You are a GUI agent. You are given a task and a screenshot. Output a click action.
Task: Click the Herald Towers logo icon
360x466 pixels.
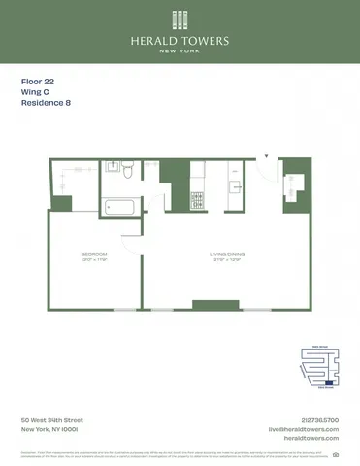click(x=180, y=19)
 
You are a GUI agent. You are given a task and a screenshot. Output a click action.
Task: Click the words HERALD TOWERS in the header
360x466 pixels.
click(x=180, y=40)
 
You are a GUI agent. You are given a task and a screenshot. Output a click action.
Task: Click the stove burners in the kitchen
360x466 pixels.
click(x=197, y=200)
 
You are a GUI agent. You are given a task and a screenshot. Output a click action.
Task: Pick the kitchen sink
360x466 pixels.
click(x=234, y=183)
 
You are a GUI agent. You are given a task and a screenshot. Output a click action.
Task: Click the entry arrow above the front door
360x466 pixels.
click(x=265, y=155)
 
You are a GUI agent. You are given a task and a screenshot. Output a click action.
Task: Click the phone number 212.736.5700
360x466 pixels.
click(x=320, y=420)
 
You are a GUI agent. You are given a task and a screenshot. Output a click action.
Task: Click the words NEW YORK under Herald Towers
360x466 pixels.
click(x=180, y=50)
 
